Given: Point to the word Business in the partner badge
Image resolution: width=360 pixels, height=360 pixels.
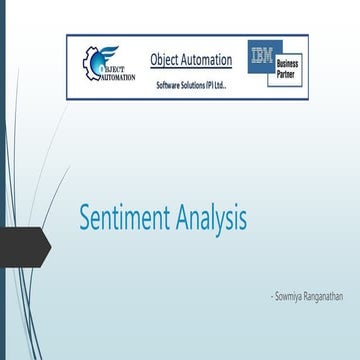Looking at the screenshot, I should pos(288,63).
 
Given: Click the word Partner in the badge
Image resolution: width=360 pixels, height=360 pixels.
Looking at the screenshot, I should pos(287,74).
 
